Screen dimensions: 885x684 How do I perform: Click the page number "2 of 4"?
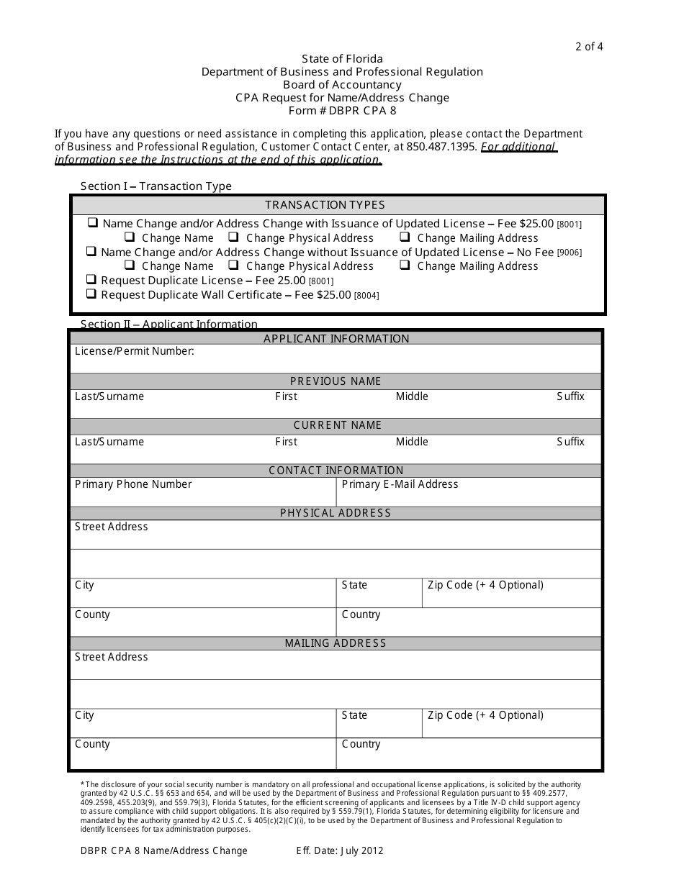pos(588,47)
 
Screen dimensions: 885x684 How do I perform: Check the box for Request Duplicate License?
pos(91,280)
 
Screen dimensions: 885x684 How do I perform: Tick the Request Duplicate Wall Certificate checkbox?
pos(91,294)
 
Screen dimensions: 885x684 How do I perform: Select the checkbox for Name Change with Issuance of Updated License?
pos(93,223)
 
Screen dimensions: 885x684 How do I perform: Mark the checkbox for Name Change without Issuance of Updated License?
pos(91,252)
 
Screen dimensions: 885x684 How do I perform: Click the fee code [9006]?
pos(569,253)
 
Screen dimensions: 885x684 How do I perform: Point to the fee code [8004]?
pos(366,296)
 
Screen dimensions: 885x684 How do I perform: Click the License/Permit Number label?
pos(135,351)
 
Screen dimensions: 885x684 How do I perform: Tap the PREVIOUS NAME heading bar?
pos(336,381)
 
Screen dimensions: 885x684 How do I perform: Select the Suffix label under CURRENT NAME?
pos(570,442)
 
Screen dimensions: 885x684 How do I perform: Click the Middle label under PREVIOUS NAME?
pos(412,396)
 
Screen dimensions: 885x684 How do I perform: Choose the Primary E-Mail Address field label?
pos(400,484)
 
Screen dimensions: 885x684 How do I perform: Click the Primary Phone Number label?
pos(133,484)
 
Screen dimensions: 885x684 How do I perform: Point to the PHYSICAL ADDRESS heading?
pos(336,513)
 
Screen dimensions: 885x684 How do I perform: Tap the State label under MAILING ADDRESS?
pos(354,715)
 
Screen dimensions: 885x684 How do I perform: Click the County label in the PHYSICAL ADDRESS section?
pos(92,614)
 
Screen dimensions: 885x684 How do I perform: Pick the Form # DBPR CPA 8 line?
pos(342,111)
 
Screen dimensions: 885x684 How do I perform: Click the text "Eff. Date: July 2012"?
pos(340,850)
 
